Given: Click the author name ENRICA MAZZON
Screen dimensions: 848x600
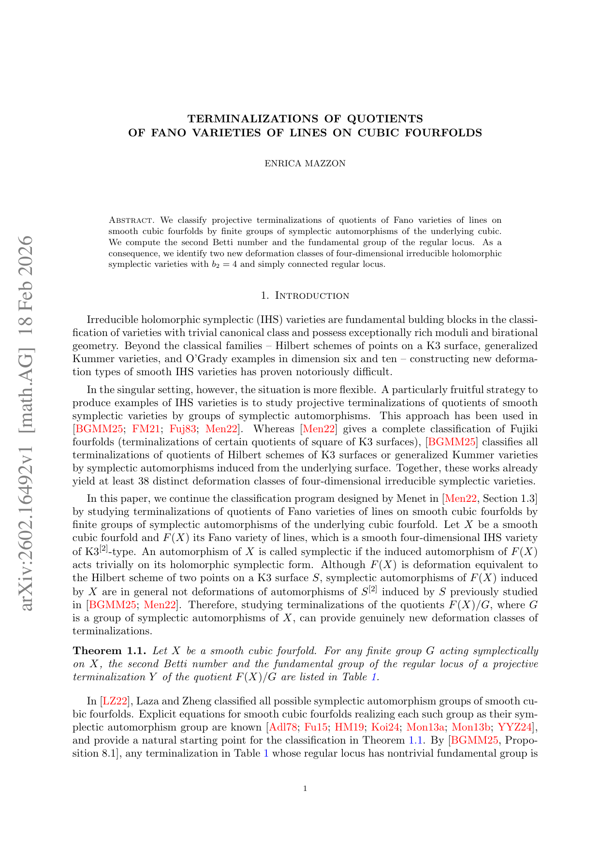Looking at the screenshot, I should click(x=305, y=163).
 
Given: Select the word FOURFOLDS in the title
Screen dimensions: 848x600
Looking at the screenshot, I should click(x=447, y=132).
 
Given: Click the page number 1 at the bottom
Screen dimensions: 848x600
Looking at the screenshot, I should click(x=305, y=789).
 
